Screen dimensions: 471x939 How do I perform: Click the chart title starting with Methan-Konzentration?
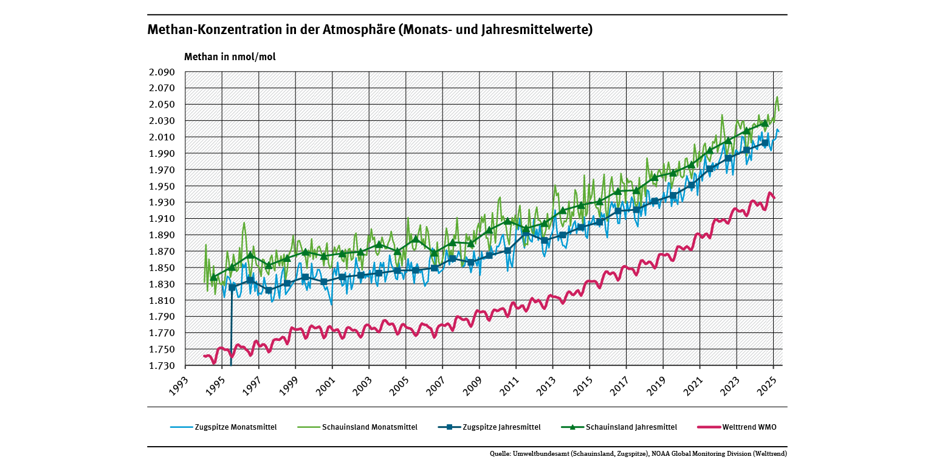point(370,30)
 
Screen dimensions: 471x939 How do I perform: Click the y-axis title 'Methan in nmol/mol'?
point(230,57)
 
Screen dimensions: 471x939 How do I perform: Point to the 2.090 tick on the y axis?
point(162,72)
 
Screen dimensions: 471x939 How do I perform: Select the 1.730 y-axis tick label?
point(162,366)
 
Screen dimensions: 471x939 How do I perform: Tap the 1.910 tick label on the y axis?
point(162,219)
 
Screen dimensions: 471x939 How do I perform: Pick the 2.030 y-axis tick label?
point(162,121)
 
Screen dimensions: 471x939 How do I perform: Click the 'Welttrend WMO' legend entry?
point(749,427)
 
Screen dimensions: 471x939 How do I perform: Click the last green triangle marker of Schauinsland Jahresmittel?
point(765,123)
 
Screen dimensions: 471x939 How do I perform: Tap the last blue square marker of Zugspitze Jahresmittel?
point(765,143)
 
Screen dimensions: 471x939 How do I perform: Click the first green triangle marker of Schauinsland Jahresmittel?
point(213,277)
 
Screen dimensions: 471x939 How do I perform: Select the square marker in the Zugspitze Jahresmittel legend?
point(449,427)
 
